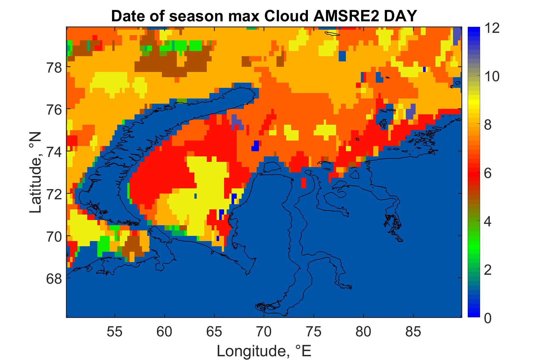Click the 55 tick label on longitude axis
coord(115,332)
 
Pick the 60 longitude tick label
coord(164,332)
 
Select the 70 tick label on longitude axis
coord(264,332)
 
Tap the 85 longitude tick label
coord(413,332)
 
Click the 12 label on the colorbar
coord(492,29)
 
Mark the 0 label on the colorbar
coord(488,319)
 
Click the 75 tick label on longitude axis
coord(314,332)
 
